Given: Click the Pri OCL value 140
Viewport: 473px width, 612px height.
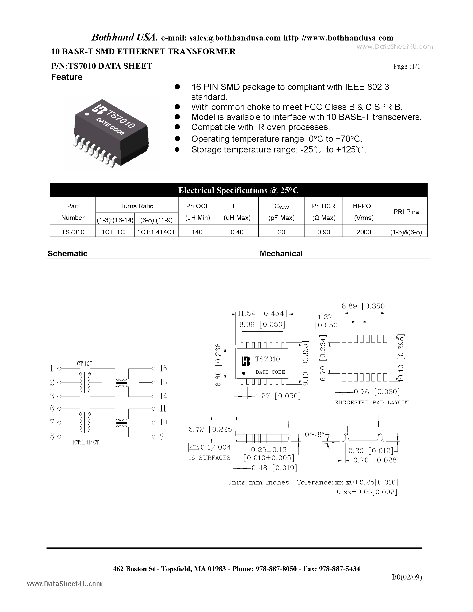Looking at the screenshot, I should coord(197,232).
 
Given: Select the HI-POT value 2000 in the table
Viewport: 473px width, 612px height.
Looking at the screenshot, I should coord(363,232).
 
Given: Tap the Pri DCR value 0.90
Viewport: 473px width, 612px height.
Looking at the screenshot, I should coord(324,232).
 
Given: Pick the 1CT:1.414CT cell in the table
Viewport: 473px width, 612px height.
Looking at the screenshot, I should coord(156,232).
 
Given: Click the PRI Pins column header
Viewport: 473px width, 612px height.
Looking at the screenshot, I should coord(406,212).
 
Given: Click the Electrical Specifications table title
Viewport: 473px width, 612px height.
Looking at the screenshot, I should coord(238,190).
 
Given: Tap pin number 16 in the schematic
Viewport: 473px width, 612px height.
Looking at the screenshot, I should coord(163,368).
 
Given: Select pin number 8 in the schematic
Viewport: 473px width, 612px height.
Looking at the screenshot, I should coord(52,436).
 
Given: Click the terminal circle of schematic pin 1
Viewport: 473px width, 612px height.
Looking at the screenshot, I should coord(59,369).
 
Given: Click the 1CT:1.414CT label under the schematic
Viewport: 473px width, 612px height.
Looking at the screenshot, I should coord(85,442).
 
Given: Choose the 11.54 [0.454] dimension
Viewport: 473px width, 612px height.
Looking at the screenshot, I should coord(262,314).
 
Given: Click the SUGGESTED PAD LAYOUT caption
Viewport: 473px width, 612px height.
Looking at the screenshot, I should coord(372,403).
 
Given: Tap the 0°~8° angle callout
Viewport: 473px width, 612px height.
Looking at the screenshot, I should coord(315,435).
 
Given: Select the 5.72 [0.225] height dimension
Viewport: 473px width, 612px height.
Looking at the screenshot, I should coord(211,429).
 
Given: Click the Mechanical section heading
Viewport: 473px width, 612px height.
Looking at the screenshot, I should coord(281,254).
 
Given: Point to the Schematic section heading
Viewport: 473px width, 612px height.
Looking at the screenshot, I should coord(67,254).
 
